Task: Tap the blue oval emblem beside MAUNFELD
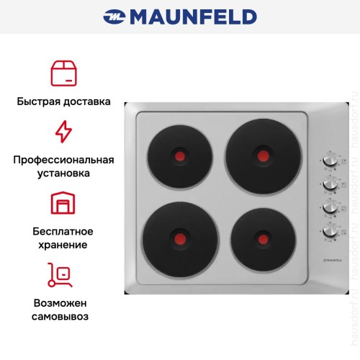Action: (114, 16)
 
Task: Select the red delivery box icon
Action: (63, 73)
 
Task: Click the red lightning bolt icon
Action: (63, 131)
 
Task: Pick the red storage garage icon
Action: (63, 204)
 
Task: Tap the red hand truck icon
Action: (63, 275)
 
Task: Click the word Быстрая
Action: (39, 102)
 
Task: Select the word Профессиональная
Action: (63, 160)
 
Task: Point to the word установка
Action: (63, 174)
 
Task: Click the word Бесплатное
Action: (63, 231)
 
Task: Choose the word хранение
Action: (63, 245)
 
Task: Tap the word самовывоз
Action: (63, 317)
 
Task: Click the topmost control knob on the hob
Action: (329, 161)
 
